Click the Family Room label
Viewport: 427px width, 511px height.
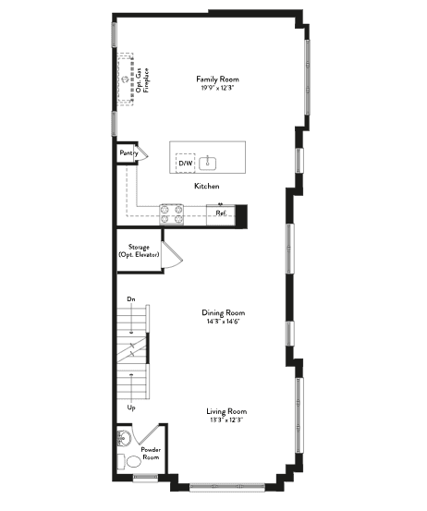[x=217, y=79]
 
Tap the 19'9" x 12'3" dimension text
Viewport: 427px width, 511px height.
[x=218, y=88]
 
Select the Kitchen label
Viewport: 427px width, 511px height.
[x=207, y=186]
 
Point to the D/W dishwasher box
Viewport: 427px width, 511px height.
[x=186, y=163]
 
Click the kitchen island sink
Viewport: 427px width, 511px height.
[x=208, y=164]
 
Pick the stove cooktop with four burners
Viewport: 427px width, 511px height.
[x=172, y=214]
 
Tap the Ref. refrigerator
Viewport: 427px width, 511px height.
[x=221, y=214]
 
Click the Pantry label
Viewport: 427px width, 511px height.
[x=128, y=152]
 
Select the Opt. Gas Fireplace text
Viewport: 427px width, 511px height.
[x=142, y=80]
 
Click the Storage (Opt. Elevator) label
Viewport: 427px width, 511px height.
[x=139, y=251]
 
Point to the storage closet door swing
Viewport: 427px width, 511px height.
[x=173, y=255]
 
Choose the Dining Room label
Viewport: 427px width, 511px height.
[x=224, y=313]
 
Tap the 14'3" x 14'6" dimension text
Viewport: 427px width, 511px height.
[x=224, y=322]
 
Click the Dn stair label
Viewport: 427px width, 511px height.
[x=131, y=298]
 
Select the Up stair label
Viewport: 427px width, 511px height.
[x=131, y=408]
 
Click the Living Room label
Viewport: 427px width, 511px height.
[x=226, y=411]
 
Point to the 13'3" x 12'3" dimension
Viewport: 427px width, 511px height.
[x=226, y=420]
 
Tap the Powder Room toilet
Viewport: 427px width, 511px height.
[x=129, y=461]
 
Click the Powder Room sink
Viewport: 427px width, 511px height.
[x=124, y=438]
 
